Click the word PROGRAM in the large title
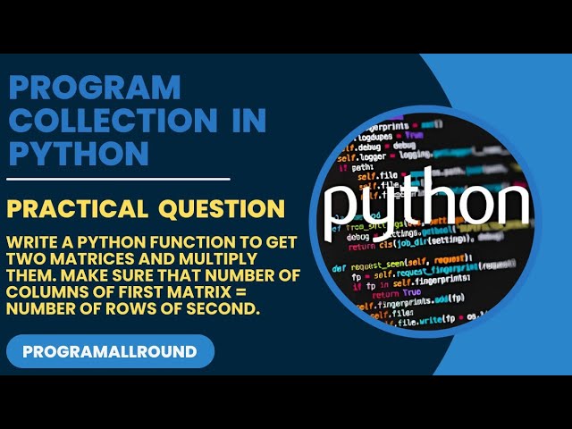click(94, 88)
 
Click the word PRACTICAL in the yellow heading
click(77, 209)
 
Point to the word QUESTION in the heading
click(222, 209)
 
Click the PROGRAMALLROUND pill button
click(110, 351)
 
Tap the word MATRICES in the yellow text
click(76, 259)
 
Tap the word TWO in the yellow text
click(22, 259)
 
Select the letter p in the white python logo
click(344, 211)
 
